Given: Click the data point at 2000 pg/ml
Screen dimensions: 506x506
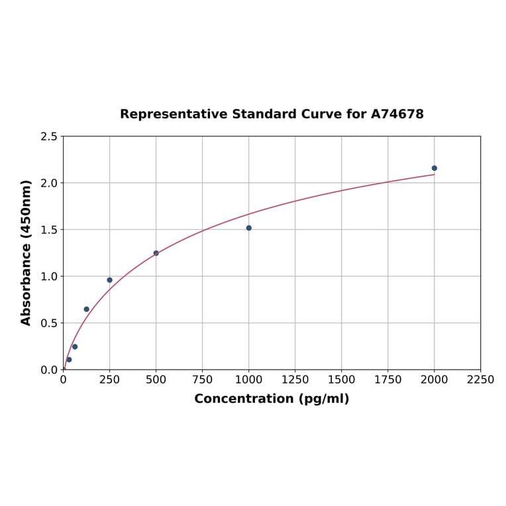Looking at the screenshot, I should (434, 168).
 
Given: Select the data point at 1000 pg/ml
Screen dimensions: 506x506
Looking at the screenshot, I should (248, 228).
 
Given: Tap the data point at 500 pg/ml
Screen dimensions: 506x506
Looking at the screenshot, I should (156, 253).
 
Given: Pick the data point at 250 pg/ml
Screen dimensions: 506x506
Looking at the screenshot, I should (109, 280).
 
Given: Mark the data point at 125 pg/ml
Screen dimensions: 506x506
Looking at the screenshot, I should (86, 309).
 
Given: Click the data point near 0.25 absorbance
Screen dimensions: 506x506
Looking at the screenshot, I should (75, 346).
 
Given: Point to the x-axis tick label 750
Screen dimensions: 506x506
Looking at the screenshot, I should (202, 379).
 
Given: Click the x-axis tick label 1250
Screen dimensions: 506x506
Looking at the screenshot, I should (295, 379).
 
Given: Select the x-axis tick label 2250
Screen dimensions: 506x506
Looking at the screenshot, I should (480, 379).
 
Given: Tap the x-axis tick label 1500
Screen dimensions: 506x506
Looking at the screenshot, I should (341, 379).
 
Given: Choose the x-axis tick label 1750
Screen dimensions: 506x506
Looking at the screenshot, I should (387, 379).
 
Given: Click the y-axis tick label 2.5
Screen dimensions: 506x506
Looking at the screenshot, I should (49, 136).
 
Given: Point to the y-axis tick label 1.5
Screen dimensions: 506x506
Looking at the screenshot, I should (49, 230).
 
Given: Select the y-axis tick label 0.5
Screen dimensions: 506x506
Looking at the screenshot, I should (49, 323).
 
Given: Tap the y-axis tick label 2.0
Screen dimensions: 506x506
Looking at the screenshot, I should (49, 183).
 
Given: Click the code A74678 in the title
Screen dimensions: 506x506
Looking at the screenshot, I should (397, 115).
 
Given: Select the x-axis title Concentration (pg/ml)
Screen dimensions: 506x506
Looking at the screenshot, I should (272, 399).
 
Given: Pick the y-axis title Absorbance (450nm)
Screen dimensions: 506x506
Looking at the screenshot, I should (26, 252).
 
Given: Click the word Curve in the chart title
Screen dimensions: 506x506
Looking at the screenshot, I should (322, 115).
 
